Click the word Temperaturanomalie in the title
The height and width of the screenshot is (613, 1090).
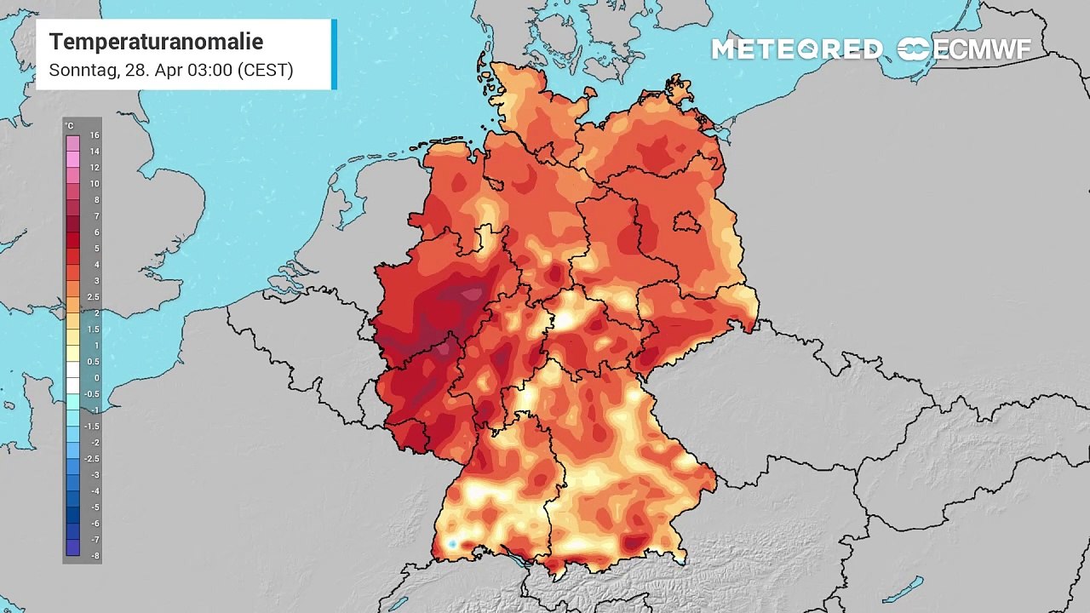pyautogui.click(x=156, y=42)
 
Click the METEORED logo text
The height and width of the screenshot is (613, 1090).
pyautogui.click(x=797, y=49)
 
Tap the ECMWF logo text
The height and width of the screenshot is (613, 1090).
pyautogui.click(x=981, y=49)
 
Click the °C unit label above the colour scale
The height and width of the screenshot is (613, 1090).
pyautogui.click(x=70, y=126)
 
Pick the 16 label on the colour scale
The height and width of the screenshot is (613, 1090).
pyautogui.click(x=95, y=135)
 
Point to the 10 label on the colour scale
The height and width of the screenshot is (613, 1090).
pyautogui.click(x=95, y=184)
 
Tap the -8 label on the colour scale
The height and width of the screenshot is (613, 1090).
pyautogui.click(x=95, y=556)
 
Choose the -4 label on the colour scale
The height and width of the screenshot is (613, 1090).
pyautogui.click(x=95, y=491)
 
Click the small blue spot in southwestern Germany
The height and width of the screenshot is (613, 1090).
pyautogui.click(x=452, y=544)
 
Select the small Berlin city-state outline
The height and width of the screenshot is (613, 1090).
pyautogui.click(x=686, y=223)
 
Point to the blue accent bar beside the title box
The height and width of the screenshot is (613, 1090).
pyautogui.click(x=334, y=54)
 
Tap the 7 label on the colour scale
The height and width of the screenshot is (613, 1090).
pyautogui.click(x=95, y=216)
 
